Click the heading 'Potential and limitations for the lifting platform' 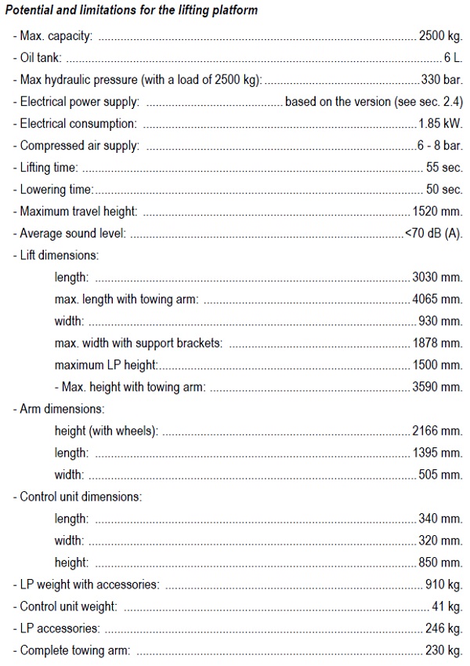point(132,10)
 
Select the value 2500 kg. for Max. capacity point(440,36)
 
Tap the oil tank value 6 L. point(452,58)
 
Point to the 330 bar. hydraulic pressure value point(442,80)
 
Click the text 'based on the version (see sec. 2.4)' point(374,102)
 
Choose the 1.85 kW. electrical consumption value point(440,124)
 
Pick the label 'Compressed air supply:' point(78,146)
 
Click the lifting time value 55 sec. point(443,168)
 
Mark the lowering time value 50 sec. point(443,190)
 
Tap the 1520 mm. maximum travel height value point(437,212)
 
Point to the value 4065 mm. point(437,299)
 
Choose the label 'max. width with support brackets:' point(139,343)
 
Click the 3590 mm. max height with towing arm point(437,387)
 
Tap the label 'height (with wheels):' point(107,431)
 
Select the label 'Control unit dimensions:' point(80,497)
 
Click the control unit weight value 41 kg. point(447,606)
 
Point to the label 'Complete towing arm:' point(74,650)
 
